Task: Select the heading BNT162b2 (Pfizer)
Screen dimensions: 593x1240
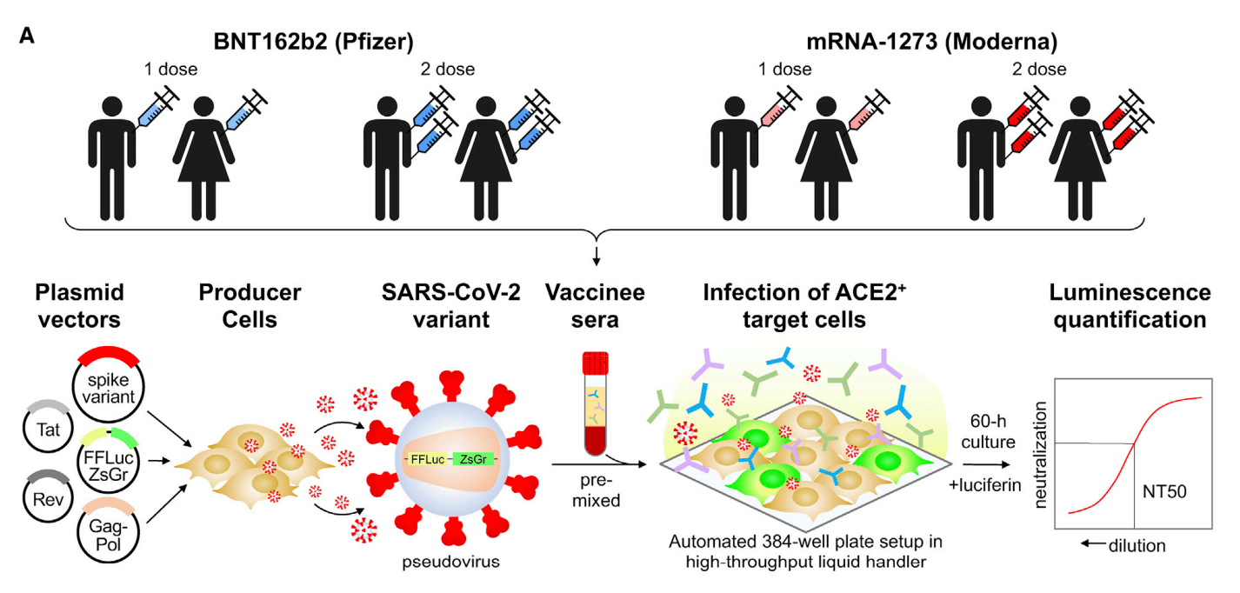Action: (313, 42)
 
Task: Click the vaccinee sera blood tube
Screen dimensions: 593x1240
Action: (594, 404)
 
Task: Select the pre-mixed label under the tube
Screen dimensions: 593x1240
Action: (595, 490)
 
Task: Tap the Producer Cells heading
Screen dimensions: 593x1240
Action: (237, 306)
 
